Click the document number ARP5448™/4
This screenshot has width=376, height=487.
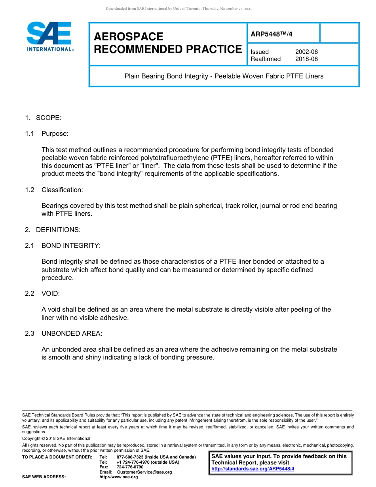(x=272, y=34)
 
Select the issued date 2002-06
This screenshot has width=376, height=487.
(x=306, y=52)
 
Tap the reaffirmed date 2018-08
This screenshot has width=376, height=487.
(x=306, y=59)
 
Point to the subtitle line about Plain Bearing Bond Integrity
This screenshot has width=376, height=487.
(x=224, y=76)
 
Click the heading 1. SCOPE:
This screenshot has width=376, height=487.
(x=43, y=118)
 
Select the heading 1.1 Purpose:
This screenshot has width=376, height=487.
(x=47, y=134)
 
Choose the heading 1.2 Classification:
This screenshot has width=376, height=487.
(x=54, y=190)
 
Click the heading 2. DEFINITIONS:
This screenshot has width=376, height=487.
(x=53, y=230)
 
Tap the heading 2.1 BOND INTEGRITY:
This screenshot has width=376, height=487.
(x=63, y=245)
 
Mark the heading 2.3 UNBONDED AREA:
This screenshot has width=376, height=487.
(x=64, y=333)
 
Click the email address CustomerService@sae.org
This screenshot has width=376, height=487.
(x=144, y=472)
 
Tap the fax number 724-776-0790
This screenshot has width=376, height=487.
(x=130, y=467)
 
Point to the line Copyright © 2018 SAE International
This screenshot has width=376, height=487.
(x=56, y=438)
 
